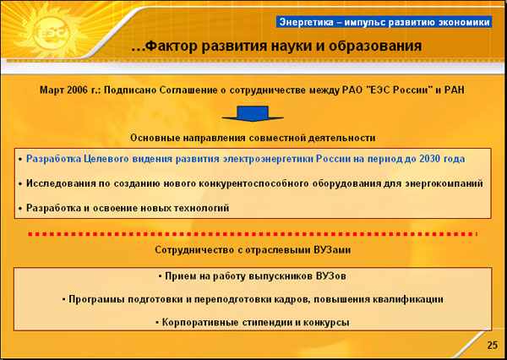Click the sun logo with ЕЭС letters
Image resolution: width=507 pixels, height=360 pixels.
[49, 31]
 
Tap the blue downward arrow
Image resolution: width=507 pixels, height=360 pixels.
[253, 113]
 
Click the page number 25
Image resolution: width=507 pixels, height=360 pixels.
[493, 345]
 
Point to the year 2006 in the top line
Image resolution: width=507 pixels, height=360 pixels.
[77, 90]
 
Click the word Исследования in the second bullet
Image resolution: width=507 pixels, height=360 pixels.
[61, 183]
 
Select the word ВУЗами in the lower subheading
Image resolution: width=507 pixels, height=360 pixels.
[332, 249]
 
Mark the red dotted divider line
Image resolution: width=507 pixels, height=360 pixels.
[253, 234]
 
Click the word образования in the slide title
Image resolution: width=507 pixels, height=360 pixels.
[375, 46]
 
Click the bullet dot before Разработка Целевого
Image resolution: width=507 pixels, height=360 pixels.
[20, 160]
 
